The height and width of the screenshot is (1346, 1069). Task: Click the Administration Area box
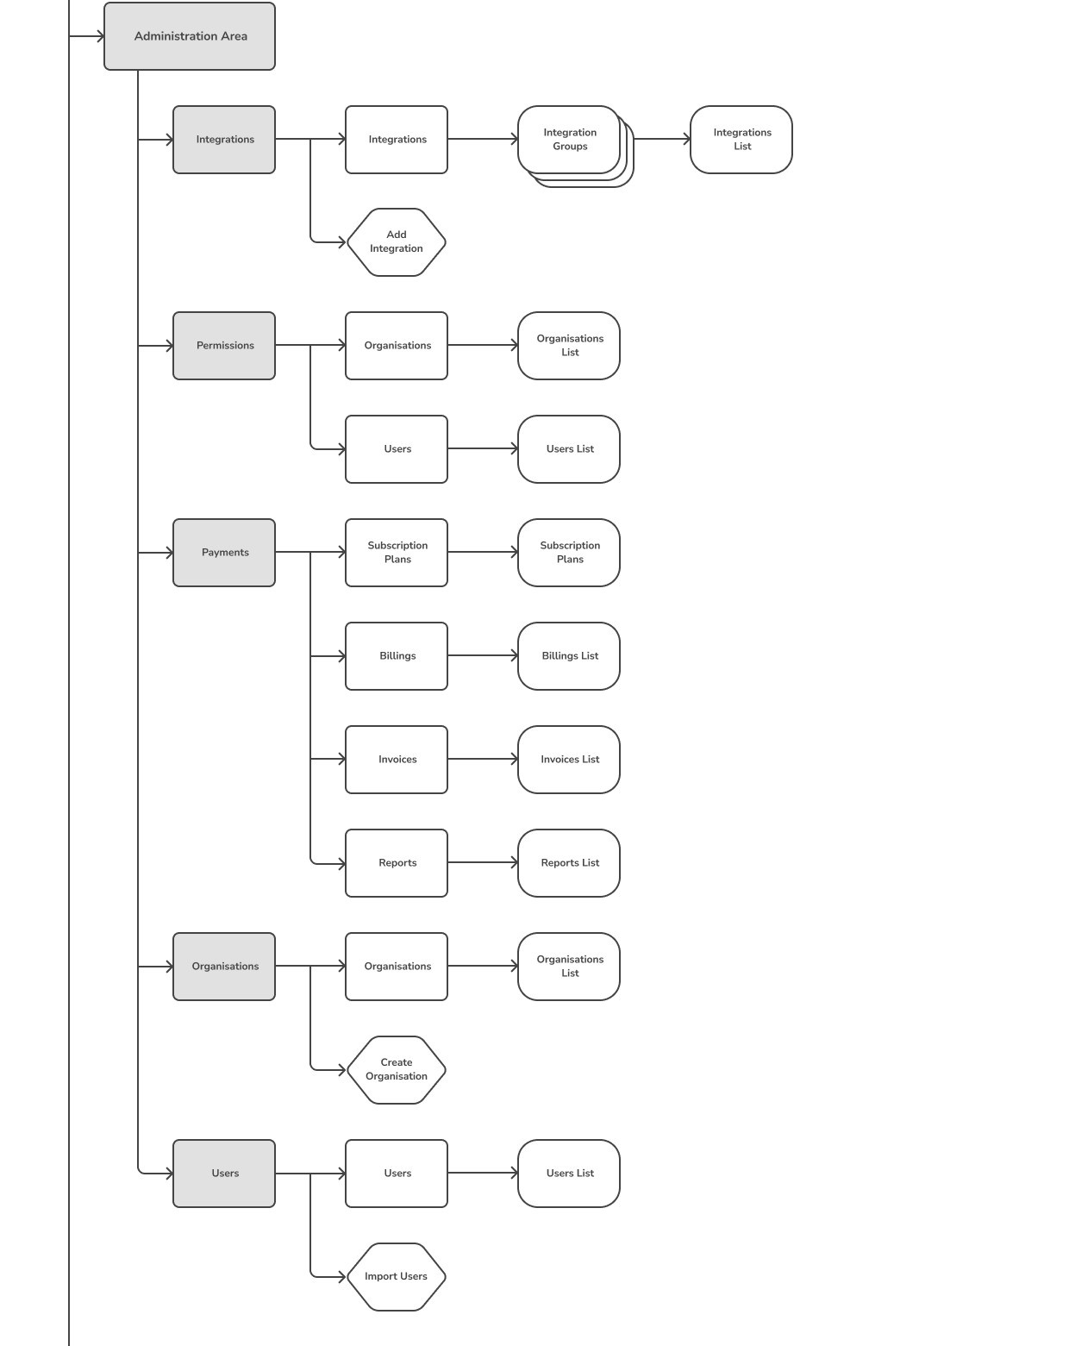(x=190, y=36)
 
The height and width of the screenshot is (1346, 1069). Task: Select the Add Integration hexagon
(x=397, y=242)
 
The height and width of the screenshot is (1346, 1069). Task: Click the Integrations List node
(x=741, y=140)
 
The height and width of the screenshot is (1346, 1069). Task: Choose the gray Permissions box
(x=224, y=346)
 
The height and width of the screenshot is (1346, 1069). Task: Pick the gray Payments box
(x=224, y=553)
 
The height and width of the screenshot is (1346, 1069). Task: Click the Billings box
(x=397, y=656)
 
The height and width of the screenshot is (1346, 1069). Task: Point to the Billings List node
(x=569, y=656)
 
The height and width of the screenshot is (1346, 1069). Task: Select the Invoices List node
(x=569, y=760)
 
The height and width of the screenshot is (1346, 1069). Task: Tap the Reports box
(x=397, y=863)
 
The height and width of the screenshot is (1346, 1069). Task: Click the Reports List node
(x=569, y=863)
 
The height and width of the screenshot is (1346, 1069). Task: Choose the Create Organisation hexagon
(x=397, y=1070)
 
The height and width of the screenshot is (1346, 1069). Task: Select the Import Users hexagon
(x=397, y=1276)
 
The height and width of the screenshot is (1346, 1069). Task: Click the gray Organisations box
(x=224, y=967)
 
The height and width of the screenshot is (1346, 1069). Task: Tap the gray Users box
(x=224, y=1174)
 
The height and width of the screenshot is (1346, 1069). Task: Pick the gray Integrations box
(x=224, y=140)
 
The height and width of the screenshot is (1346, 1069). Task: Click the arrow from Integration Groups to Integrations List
(x=662, y=139)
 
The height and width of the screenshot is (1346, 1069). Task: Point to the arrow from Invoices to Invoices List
(x=483, y=759)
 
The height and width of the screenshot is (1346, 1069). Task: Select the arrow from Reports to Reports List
(x=483, y=862)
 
